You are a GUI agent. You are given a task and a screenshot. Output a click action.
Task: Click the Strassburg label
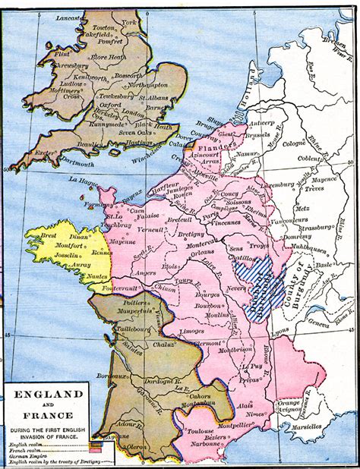314,225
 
